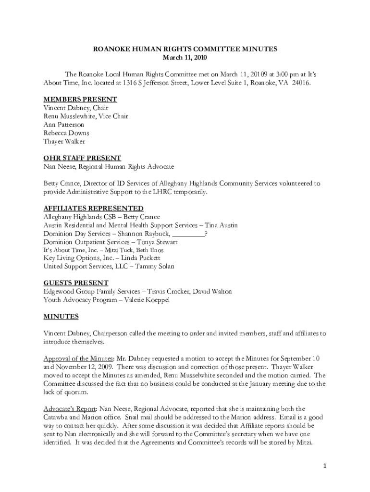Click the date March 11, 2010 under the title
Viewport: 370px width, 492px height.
pos(185,58)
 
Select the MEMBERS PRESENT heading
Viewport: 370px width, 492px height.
pos(80,99)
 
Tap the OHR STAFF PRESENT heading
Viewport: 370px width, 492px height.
pos(82,158)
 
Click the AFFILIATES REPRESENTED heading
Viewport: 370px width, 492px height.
pos(93,209)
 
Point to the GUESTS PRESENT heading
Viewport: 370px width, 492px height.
pos(76,283)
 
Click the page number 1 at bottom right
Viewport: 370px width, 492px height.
pos(325,467)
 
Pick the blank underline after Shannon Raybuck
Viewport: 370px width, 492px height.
pos(188,234)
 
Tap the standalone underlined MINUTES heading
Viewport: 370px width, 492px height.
pos(61,317)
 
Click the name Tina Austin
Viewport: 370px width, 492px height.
pos(222,225)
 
